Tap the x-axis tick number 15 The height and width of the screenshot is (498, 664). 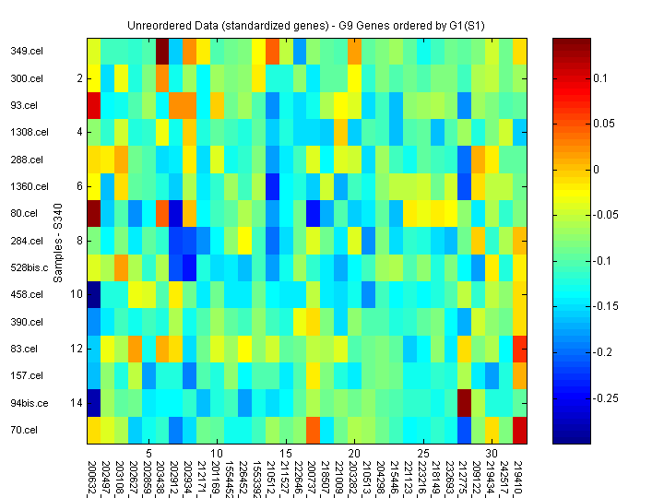(286, 454)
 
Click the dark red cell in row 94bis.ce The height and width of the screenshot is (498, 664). (465, 403)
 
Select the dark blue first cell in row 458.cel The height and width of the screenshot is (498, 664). (94, 294)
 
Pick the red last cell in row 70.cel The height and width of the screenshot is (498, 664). (520, 430)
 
